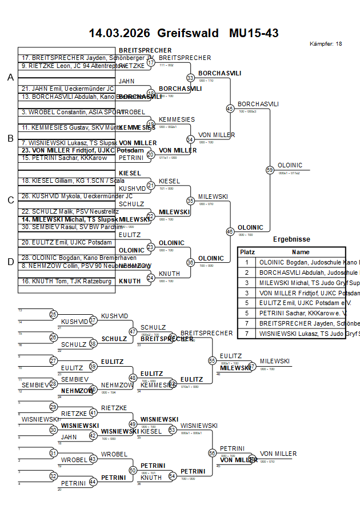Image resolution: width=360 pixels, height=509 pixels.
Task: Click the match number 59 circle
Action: [270, 169]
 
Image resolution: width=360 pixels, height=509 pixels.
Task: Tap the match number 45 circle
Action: [230, 108]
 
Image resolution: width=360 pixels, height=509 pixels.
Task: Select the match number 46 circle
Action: [230, 231]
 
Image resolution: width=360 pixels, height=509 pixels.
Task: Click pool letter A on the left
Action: [10, 78]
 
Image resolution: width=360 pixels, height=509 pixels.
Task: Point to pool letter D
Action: [10, 262]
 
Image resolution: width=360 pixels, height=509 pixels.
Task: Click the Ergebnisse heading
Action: [291, 239]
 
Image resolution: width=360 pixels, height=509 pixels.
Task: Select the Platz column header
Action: [247, 252]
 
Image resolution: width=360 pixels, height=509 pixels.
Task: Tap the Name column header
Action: [301, 252]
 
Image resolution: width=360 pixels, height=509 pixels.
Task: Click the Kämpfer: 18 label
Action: [326, 43]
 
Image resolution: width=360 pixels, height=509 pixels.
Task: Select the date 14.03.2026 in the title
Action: [119, 33]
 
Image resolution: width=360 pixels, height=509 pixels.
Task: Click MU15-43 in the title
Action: [254, 33]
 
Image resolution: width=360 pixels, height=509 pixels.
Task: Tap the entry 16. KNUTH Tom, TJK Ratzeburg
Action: [66, 281]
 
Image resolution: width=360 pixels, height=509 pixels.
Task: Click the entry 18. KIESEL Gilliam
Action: [65, 181]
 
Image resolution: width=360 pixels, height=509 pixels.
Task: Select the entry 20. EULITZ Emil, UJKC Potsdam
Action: [66, 242]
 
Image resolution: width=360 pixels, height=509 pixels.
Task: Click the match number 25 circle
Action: [53, 314]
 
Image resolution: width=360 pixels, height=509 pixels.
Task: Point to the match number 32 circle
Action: [53, 476]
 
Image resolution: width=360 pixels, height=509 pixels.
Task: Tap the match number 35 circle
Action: [190, 201]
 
